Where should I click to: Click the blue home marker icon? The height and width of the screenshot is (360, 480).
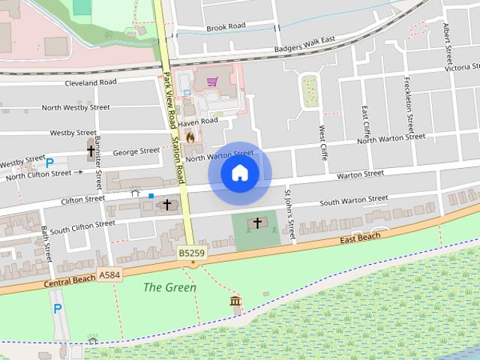tap(239, 173)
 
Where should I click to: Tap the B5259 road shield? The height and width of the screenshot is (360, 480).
tap(192, 254)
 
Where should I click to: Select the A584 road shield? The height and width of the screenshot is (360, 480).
tap(108, 275)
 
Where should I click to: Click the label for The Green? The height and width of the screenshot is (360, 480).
tap(169, 287)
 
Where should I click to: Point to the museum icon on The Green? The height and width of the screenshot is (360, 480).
tap(236, 301)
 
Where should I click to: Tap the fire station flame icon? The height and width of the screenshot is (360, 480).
tap(190, 137)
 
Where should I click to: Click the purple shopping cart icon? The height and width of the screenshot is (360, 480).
tap(212, 81)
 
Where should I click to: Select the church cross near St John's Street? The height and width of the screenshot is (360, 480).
tap(257, 223)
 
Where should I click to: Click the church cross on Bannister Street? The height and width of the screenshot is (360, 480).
tap(91, 150)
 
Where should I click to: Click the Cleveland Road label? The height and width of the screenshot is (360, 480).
tap(91, 82)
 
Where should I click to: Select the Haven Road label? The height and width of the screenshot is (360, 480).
tap(198, 121)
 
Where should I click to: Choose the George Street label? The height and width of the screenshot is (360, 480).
tap(136, 151)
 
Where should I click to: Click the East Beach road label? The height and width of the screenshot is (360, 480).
tap(359, 238)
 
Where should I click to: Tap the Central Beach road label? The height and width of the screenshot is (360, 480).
tap(70, 280)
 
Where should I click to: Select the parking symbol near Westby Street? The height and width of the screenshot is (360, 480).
tap(50, 162)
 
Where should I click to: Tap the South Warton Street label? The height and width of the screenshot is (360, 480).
tap(354, 201)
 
